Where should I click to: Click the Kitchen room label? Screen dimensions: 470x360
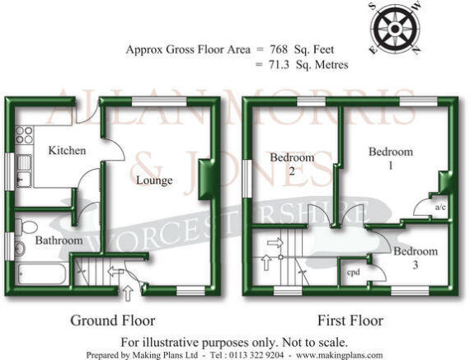pyautogui.click(x=67, y=151)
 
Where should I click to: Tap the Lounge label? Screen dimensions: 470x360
pyautogui.click(x=154, y=180)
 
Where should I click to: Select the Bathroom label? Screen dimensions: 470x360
pyautogui.click(x=59, y=241)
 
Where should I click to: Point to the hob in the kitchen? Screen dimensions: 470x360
pyautogui.click(x=24, y=135)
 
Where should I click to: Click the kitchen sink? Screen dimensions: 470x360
pyautogui.click(x=24, y=171)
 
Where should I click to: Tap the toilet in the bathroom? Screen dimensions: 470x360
pyautogui.click(x=26, y=227)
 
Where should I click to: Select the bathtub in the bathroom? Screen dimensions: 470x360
pyautogui.click(x=42, y=274)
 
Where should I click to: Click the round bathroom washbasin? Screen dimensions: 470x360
pyautogui.click(x=20, y=249)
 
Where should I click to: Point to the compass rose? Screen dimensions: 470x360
pyautogui.click(x=395, y=29)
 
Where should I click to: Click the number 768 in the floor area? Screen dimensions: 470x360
pyautogui.click(x=279, y=49)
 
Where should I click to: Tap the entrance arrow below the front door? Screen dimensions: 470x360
pyautogui.click(x=129, y=293)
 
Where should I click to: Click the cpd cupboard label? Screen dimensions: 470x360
pyautogui.click(x=354, y=273)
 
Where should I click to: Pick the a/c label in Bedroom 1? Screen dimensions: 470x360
pyautogui.click(x=440, y=207)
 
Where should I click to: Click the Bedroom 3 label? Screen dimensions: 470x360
pyautogui.click(x=416, y=258)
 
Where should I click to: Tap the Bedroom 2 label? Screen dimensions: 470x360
pyautogui.click(x=292, y=164)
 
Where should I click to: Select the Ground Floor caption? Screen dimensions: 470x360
pyautogui.click(x=113, y=320)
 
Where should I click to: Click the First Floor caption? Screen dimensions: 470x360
pyautogui.click(x=350, y=320)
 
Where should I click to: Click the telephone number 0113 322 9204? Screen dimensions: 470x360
pyautogui.click(x=256, y=355)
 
